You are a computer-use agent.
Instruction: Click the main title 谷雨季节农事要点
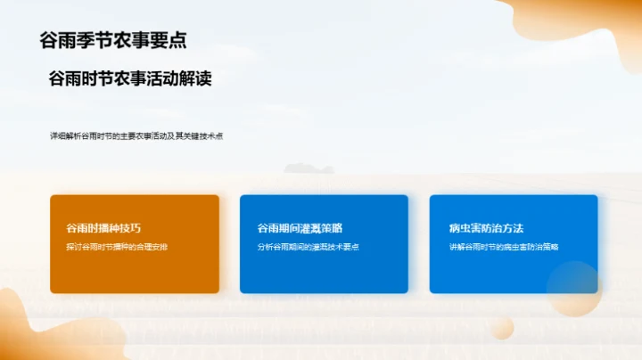click(113, 40)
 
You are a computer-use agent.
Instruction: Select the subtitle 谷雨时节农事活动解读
click(130, 79)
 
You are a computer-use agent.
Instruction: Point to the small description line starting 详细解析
click(136, 136)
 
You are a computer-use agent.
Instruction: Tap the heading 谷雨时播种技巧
click(103, 228)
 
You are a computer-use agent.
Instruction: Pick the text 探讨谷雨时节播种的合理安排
click(117, 247)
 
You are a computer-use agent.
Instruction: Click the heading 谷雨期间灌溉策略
click(300, 228)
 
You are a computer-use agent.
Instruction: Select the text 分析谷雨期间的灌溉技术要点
click(308, 247)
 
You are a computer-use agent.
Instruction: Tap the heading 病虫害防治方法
click(486, 228)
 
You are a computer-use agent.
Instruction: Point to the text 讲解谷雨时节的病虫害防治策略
click(504, 247)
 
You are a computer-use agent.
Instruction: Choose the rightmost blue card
click(499, 272)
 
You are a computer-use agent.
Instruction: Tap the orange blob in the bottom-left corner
click(36, 334)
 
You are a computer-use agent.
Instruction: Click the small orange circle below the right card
click(502, 329)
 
